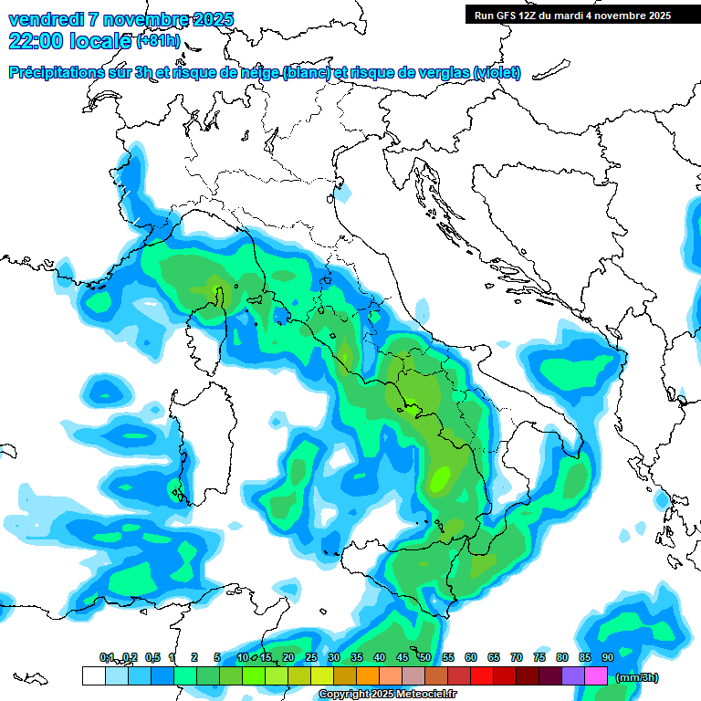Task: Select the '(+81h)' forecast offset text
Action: (x=158, y=41)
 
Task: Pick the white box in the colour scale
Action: (x=93, y=676)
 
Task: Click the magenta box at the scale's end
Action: (x=596, y=676)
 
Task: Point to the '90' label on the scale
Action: (x=607, y=657)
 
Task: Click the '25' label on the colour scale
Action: (x=310, y=657)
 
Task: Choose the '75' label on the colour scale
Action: (x=539, y=657)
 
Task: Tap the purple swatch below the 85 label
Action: (x=573, y=676)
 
